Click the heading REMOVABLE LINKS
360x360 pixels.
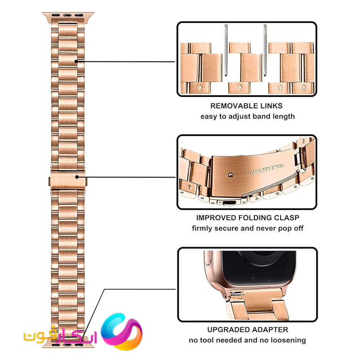pos(246,106)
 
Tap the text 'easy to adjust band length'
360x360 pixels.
pos(248,116)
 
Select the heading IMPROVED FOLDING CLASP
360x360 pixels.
pos(248,218)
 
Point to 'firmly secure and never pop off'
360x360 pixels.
pos(248,229)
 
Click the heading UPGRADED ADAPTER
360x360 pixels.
pos(248,330)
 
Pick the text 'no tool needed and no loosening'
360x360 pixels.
pos(248,340)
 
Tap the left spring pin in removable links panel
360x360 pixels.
pos(226,50)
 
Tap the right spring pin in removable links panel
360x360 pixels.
pos(265,50)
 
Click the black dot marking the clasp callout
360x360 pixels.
pos(77,177)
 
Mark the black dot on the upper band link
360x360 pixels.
pos(76,61)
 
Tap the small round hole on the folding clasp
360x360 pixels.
pos(230,175)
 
